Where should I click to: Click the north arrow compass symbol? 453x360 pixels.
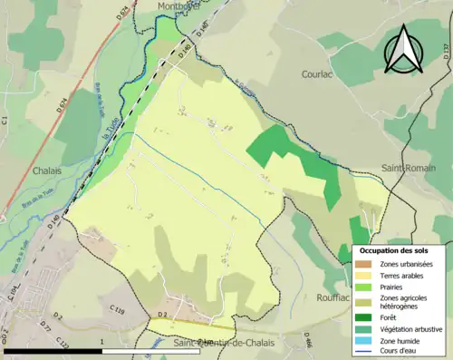click(406, 49)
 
